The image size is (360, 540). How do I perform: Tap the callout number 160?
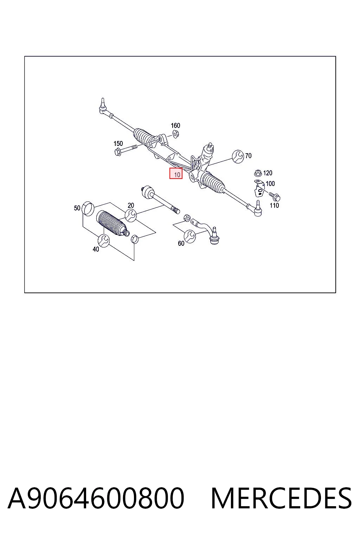click(x=175, y=126)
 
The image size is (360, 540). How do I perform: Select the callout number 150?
click(x=118, y=144)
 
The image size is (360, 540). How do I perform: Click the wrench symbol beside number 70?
click(x=238, y=156)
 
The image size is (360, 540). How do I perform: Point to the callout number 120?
click(x=268, y=173)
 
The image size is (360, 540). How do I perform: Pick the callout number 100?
click(x=270, y=184)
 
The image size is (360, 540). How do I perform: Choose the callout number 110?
click(x=275, y=205)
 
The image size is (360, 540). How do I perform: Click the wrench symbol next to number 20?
click(x=131, y=215)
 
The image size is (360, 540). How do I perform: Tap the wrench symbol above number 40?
click(x=104, y=240)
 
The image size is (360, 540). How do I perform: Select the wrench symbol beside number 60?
click(x=190, y=237)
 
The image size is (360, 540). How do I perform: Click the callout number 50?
click(x=77, y=208)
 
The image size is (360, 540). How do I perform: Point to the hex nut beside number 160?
click(x=175, y=134)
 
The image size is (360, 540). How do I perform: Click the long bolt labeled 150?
click(x=126, y=149)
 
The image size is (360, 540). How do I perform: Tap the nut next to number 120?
click(x=258, y=173)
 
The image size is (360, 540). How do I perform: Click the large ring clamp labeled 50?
click(x=88, y=208)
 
